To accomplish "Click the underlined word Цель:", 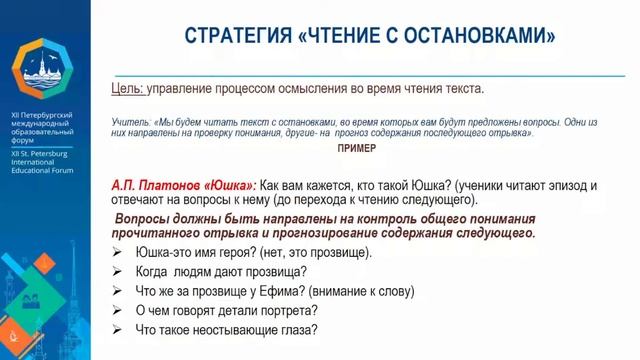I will click(x=128, y=89).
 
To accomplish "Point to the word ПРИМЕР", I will click(x=357, y=148).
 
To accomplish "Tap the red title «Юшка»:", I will click(x=230, y=186).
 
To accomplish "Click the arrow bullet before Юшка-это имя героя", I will click(x=118, y=253).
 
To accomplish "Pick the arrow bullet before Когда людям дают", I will click(x=118, y=271).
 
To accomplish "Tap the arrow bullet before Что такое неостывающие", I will click(x=118, y=330).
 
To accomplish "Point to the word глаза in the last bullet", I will click(x=296, y=330).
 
